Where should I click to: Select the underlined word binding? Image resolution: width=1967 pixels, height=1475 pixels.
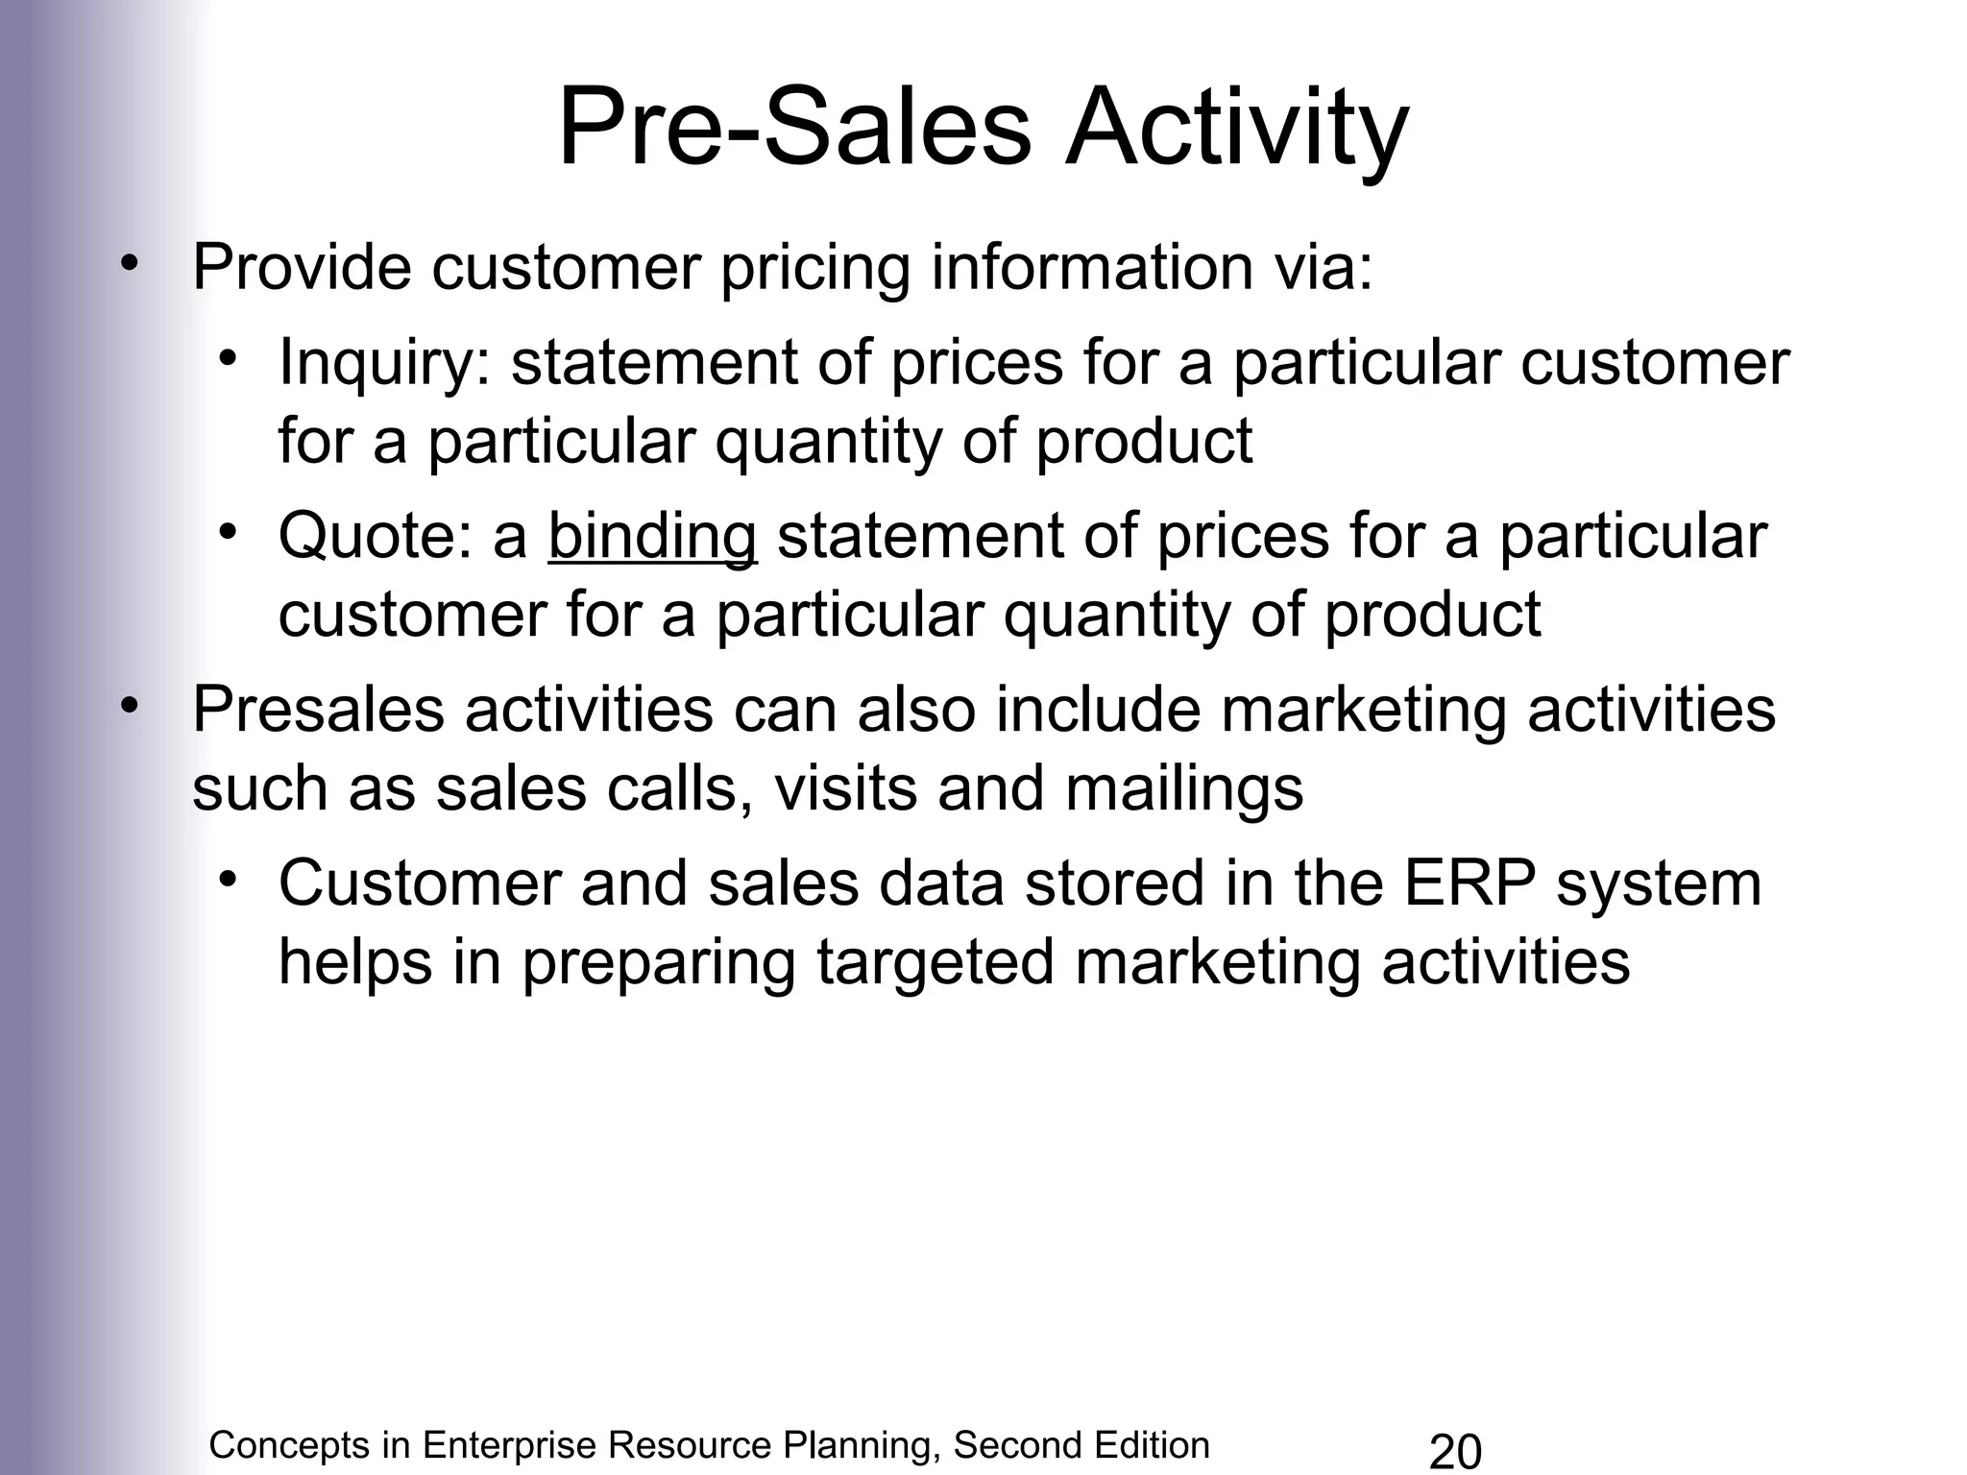click(652, 536)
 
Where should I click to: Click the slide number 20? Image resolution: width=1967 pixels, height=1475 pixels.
click(1455, 1451)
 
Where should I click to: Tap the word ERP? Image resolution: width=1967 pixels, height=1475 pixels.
click(1470, 883)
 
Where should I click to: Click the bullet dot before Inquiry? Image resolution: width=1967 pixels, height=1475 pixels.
click(227, 360)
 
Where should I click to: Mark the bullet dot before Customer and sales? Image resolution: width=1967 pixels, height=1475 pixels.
click(227, 881)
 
